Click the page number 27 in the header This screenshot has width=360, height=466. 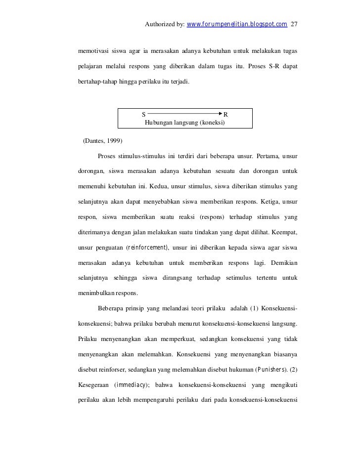[x=295, y=24]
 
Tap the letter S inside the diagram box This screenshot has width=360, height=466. [x=144, y=115]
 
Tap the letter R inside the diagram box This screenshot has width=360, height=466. [x=226, y=115]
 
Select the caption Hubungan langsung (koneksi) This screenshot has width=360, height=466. [x=184, y=122]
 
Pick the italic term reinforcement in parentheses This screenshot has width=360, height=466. [x=147, y=247]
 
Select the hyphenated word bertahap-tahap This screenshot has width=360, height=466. [x=96, y=80]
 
